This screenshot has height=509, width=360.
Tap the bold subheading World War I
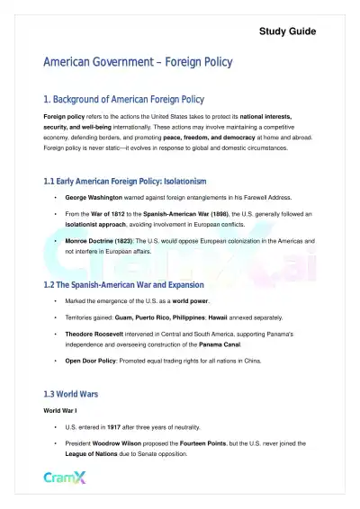click(x=63, y=410)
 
